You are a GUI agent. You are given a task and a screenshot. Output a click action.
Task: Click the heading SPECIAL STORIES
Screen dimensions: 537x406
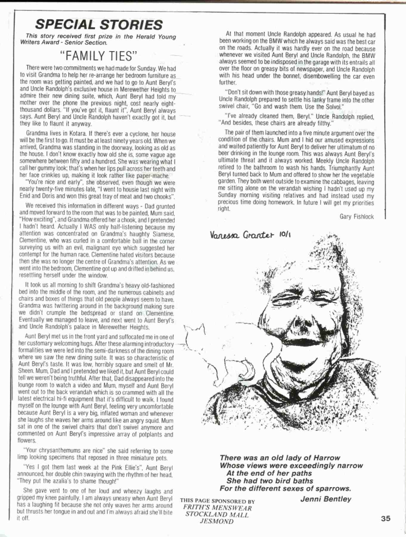click(99, 25)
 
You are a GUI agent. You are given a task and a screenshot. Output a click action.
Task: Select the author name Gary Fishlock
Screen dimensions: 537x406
click(357, 217)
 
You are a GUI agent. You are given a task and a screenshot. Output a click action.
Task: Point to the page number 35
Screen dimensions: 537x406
click(385, 519)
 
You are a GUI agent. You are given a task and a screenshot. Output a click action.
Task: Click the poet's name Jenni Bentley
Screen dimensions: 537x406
click(326, 499)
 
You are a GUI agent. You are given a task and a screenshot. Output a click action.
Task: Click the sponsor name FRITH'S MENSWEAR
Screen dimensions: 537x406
click(217, 508)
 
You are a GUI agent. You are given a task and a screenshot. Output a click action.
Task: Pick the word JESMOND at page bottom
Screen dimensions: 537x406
click(217, 521)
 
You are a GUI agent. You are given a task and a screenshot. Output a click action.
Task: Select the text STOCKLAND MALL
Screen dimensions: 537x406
click(217, 515)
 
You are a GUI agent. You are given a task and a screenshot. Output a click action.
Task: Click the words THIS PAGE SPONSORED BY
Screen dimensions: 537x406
click(217, 501)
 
